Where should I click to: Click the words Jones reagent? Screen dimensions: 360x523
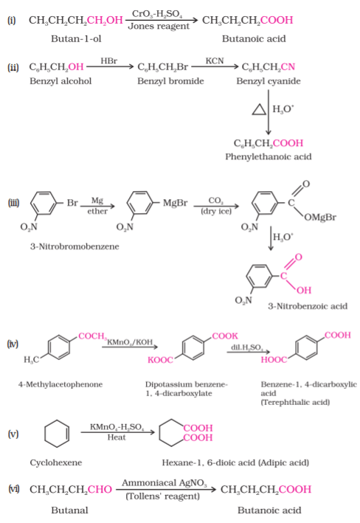click(x=159, y=27)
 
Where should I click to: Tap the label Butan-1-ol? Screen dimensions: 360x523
click(x=76, y=39)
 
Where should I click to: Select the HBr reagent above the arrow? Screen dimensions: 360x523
click(x=109, y=61)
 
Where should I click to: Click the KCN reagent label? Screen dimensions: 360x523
click(x=215, y=61)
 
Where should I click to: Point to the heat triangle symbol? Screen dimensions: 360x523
click(x=259, y=109)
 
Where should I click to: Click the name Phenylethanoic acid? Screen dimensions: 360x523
click(x=269, y=157)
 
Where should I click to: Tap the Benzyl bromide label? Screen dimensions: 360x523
click(x=170, y=81)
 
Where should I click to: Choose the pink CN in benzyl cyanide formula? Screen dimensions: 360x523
click(x=288, y=67)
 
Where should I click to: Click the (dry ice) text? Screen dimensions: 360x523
click(x=216, y=211)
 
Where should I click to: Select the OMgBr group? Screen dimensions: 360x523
click(x=320, y=218)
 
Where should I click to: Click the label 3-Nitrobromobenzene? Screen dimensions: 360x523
click(x=75, y=246)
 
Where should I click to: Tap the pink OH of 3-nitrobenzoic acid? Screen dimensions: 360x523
click(x=304, y=290)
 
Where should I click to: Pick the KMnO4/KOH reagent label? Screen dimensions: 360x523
click(x=130, y=342)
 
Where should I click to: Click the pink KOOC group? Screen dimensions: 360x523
click(x=161, y=360)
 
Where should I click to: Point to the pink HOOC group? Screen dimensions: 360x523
click(x=274, y=359)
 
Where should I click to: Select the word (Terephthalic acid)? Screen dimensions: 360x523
click(x=295, y=402)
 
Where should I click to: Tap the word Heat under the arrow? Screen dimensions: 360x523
click(x=117, y=437)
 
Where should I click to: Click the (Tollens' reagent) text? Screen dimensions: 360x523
click(x=163, y=496)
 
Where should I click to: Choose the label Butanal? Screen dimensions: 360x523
click(x=70, y=510)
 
